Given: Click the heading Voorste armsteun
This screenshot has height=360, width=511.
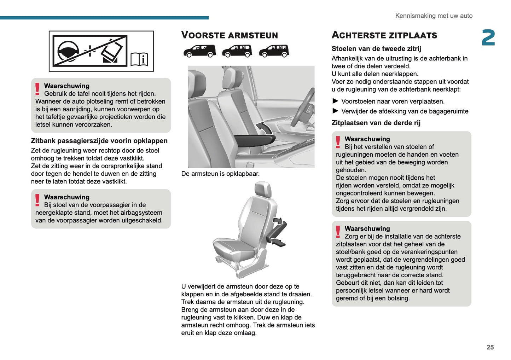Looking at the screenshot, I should pyautogui.click(x=230, y=35).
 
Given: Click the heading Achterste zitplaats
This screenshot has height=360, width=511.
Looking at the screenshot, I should pyautogui.click(x=384, y=35).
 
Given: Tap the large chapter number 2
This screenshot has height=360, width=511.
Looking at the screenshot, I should pyautogui.click(x=488, y=38).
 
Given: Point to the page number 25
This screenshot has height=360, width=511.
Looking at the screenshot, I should pyautogui.click(x=490, y=347).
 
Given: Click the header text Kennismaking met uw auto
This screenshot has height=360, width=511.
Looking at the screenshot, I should pyautogui.click(x=434, y=16).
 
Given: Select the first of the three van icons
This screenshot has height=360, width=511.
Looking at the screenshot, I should pyautogui.click(x=200, y=51).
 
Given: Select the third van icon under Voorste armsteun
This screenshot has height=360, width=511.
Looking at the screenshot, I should pyautogui.click(x=274, y=51).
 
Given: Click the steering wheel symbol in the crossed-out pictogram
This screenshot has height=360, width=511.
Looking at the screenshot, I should pyautogui.click(x=68, y=51).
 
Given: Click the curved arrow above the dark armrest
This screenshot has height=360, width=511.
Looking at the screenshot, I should pyautogui.click(x=263, y=127).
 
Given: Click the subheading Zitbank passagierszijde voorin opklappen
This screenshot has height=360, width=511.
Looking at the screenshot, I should pyautogui.click(x=99, y=141).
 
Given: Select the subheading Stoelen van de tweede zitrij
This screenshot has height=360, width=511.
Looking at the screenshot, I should pyautogui.click(x=376, y=49).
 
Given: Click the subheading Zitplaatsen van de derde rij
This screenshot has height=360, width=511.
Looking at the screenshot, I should pyautogui.click(x=376, y=123).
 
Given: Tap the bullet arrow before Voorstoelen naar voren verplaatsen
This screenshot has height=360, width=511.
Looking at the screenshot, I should pyautogui.click(x=335, y=101).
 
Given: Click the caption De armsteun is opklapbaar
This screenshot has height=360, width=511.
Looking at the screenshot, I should pyautogui.click(x=220, y=174).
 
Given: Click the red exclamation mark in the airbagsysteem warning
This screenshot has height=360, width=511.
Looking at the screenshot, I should pyautogui.click(x=37, y=200).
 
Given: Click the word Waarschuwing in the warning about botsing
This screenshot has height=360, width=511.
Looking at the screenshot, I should pyautogui.click(x=367, y=228).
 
